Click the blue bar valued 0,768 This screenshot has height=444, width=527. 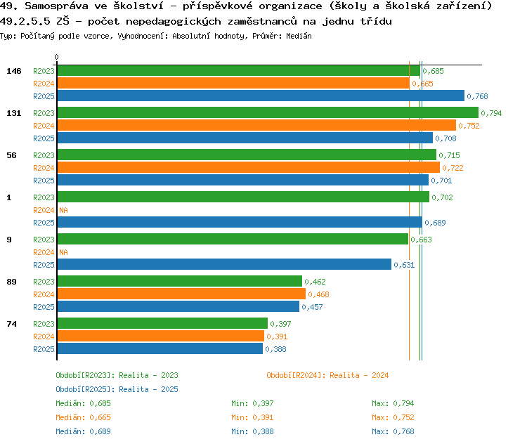click(x=261, y=96)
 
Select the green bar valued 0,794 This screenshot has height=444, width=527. click(x=268, y=112)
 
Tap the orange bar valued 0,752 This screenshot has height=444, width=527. click(x=256, y=125)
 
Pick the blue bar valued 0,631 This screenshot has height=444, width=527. click(x=225, y=264)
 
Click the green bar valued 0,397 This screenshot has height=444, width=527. click(x=163, y=323)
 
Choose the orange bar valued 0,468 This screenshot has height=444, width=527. click(x=181, y=294)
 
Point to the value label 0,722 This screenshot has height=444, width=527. click(x=453, y=168)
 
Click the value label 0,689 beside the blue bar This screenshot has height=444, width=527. click(x=435, y=223)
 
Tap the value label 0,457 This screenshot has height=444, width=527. click(x=312, y=307)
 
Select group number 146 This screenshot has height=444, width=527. click(x=14, y=71)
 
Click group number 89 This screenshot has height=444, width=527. click(x=11, y=282)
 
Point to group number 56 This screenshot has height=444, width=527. click(x=11, y=155)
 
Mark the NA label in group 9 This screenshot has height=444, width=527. click(x=63, y=252)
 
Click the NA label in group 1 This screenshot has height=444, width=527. click(x=63, y=210)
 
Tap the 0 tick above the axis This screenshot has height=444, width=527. click(x=56, y=57)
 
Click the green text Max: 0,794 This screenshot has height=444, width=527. click(x=393, y=403)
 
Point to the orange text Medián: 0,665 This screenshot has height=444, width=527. click(x=83, y=417)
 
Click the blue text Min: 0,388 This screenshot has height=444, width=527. click(x=252, y=431)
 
